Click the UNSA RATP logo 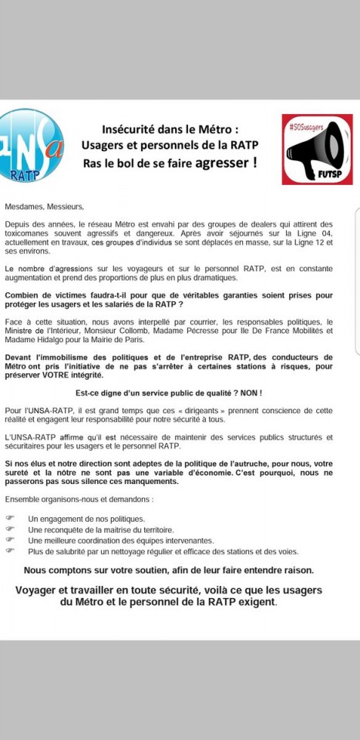pyautogui.click(x=32, y=144)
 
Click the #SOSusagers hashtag pyautogui.click(x=304, y=124)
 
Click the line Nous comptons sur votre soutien pyautogui.click(x=168, y=570)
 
